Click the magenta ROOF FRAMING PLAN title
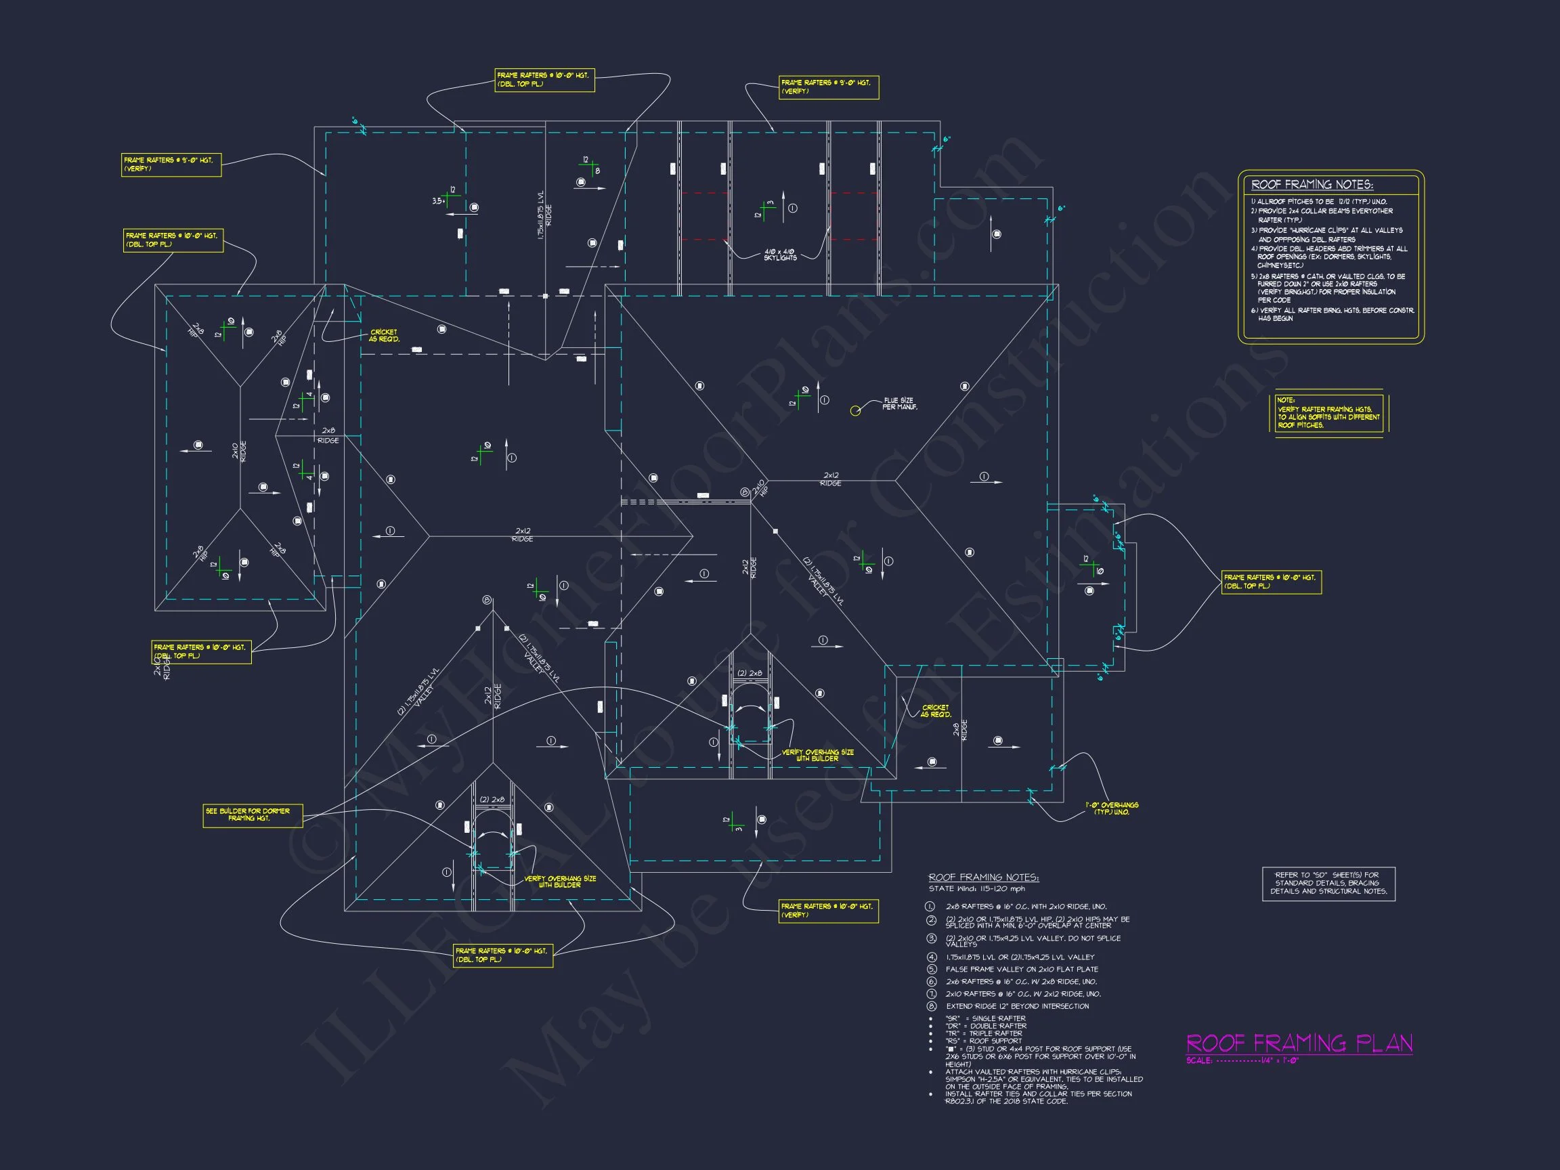[x=1299, y=1043]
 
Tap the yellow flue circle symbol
[x=854, y=410]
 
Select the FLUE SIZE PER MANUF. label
[x=899, y=404]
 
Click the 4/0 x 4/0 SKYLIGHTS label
[x=779, y=255]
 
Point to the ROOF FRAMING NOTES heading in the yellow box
[x=1312, y=185]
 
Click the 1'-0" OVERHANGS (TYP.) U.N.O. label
[x=1112, y=808]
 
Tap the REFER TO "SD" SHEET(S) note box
[x=1328, y=883]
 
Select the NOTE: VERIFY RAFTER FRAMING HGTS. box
[x=1328, y=413]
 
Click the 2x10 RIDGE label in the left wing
[x=240, y=452]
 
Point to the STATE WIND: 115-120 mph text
[x=976, y=888]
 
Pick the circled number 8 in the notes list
[x=932, y=1006]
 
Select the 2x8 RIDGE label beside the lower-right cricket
[x=960, y=729]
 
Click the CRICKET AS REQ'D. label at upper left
[x=384, y=336]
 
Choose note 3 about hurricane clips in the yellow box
[x=1326, y=235]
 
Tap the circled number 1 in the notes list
[x=932, y=906]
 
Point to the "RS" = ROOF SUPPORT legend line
[x=983, y=1041]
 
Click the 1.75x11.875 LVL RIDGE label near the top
[x=544, y=215]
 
